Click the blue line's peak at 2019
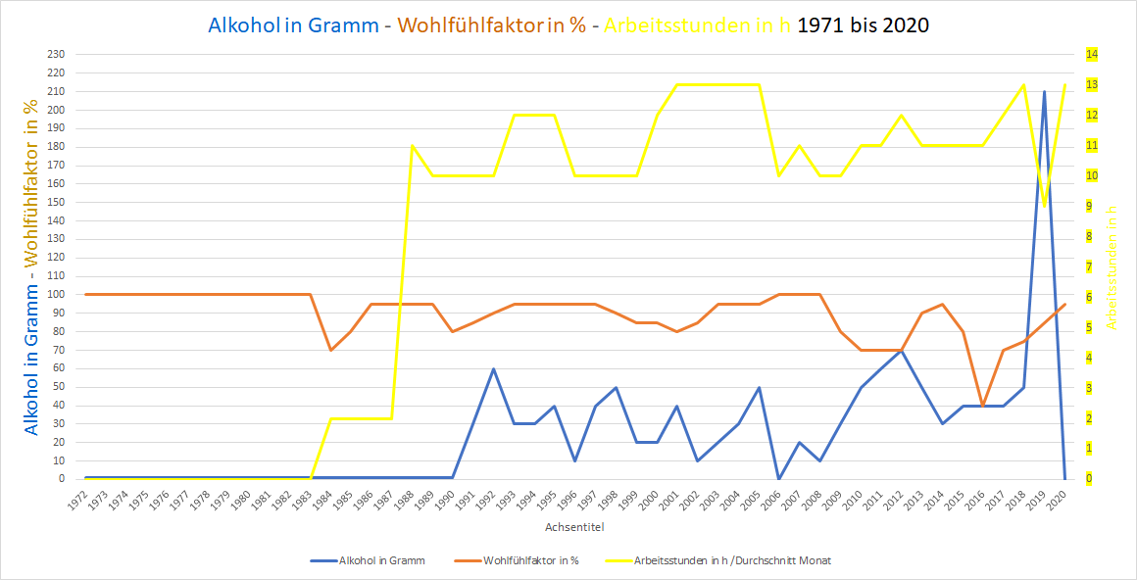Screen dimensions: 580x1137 [x=1044, y=91]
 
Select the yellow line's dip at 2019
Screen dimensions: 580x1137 [x=1044, y=206]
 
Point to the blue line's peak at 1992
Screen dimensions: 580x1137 [x=493, y=368]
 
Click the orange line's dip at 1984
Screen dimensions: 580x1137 [x=330, y=350]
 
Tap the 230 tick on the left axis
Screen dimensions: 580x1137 [x=55, y=54]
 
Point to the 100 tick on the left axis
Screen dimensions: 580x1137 [x=55, y=294]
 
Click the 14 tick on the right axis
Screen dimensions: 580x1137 [x=1091, y=54]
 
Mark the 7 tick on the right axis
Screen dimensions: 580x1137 [x=1089, y=266]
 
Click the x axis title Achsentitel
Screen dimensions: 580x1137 [x=574, y=527]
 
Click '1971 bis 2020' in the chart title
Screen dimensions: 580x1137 [x=864, y=25]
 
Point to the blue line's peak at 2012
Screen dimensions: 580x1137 [x=902, y=350]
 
